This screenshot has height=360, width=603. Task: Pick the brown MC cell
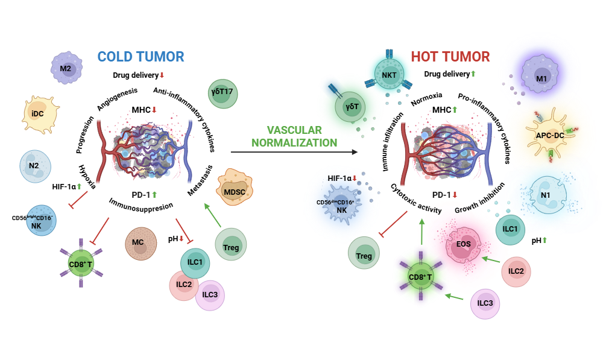tap(139, 245)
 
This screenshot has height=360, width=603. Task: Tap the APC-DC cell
tap(549, 136)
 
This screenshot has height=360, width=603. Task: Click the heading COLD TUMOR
tap(140, 57)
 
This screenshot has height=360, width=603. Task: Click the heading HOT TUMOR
tap(450, 57)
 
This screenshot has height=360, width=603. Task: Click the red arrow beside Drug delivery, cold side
tap(162, 75)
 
